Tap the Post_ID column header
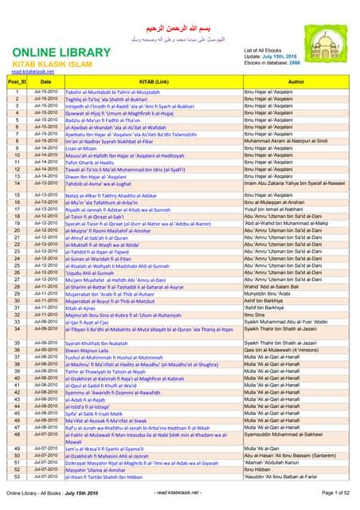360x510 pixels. click(17, 81)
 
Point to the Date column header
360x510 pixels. click(45, 81)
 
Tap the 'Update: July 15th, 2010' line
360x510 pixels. click(272, 57)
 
